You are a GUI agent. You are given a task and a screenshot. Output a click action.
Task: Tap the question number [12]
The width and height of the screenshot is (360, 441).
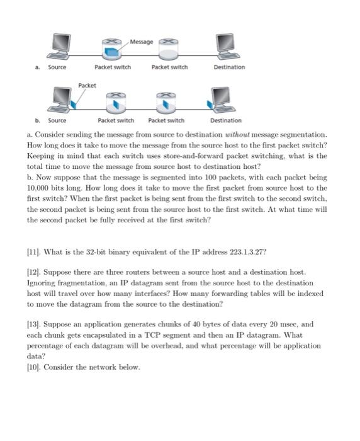tap(34, 272)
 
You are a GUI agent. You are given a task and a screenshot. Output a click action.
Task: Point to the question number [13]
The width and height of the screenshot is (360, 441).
tap(34, 324)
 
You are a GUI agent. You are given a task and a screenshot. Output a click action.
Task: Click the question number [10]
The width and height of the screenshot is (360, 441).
tap(34, 367)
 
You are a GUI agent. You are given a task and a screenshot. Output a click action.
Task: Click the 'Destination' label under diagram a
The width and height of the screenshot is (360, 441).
tap(229, 67)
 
